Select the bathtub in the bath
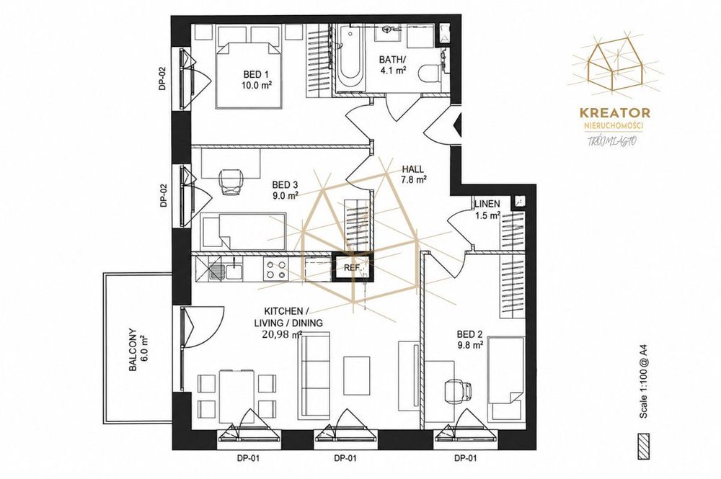[x=350, y=58]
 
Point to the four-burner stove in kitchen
[x=275, y=269]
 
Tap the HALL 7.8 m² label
[x=412, y=174]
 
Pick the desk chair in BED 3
[x=230, y=182]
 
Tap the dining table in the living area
[x=236, y=396]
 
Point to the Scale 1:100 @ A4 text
[x=644, y=383]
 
